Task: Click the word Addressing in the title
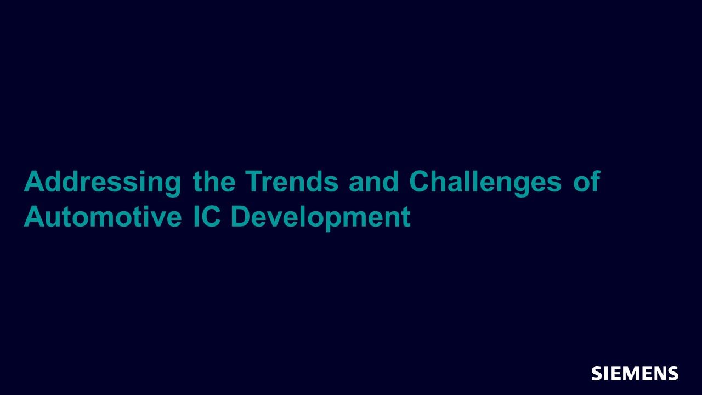click(103, 183)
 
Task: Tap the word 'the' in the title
click(214, 181)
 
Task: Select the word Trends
click(292, 181)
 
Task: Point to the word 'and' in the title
click(373, 181)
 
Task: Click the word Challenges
click(485, 183)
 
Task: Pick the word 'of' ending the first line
click(587, 181)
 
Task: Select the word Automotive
click(103, 216)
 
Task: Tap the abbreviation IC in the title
click(207, 216)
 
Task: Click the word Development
click(321, 218)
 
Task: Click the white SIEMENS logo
click(635, 373)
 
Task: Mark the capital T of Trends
click(254, 181)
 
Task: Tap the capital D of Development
click(240, 216)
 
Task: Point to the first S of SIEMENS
click(597, 373)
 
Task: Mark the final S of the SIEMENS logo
click(673, 373)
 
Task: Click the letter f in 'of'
click(596, 181)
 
